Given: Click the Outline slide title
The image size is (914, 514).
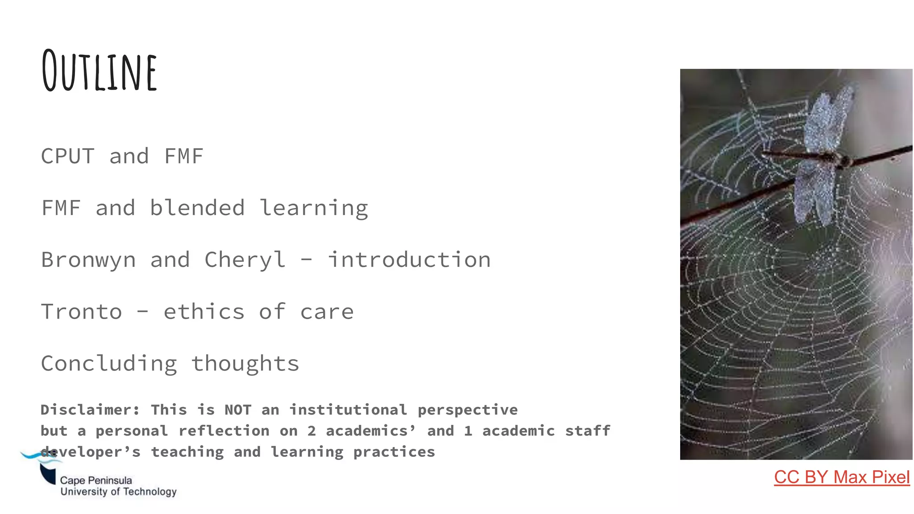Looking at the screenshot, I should [99, 70].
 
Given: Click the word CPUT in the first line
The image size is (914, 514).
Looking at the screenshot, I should [67, 156].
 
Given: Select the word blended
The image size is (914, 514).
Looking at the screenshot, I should [197, 208].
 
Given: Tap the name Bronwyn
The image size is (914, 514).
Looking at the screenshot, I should [88, 260].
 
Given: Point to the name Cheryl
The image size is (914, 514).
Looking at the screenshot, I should [245, 260].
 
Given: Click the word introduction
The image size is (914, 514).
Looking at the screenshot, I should [409, 260].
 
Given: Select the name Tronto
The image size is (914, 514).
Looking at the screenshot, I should [81, 311].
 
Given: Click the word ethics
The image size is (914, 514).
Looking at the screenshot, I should [204, 311].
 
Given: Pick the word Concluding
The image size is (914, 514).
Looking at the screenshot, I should [109, 364].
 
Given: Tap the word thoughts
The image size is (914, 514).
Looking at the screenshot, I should [245, 363].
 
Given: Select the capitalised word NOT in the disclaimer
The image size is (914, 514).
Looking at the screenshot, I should [238, 410].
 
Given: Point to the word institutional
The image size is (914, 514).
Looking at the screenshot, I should [348, 410].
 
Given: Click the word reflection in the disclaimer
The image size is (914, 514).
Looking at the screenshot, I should [224, 431].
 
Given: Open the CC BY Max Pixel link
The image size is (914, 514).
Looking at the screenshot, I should [841, 477].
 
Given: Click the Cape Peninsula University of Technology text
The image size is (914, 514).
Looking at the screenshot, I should [118, 486].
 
